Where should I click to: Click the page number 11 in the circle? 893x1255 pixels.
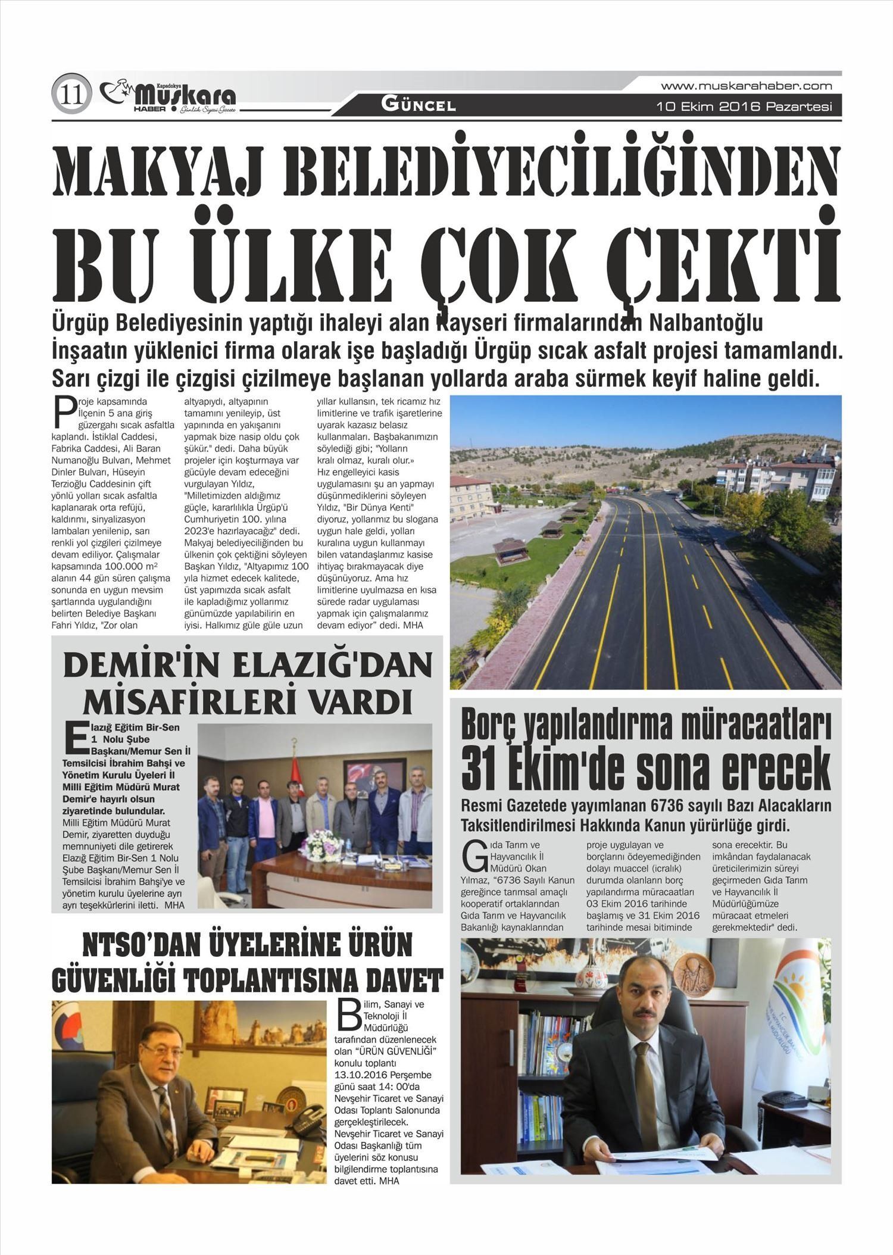[71, 94]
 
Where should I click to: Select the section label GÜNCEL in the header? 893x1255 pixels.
[419, 106]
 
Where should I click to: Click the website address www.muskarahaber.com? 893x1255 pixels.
[746, 86]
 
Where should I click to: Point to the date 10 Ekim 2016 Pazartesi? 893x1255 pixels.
[744, 107]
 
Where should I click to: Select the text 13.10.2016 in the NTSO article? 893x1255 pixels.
[361, 1075]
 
